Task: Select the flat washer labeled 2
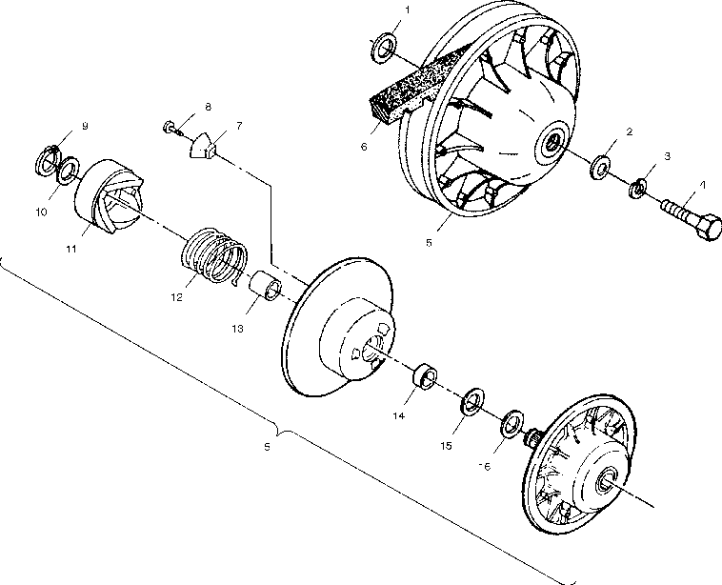click(602, 167)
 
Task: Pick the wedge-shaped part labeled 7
click(203, 146)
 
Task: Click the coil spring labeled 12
click(214, 254)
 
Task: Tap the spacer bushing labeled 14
click(424, 377)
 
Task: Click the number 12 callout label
click(177, 296)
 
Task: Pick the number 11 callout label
click(71, 247)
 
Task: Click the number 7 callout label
click(238, 125)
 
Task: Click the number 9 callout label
click(84, 126)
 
